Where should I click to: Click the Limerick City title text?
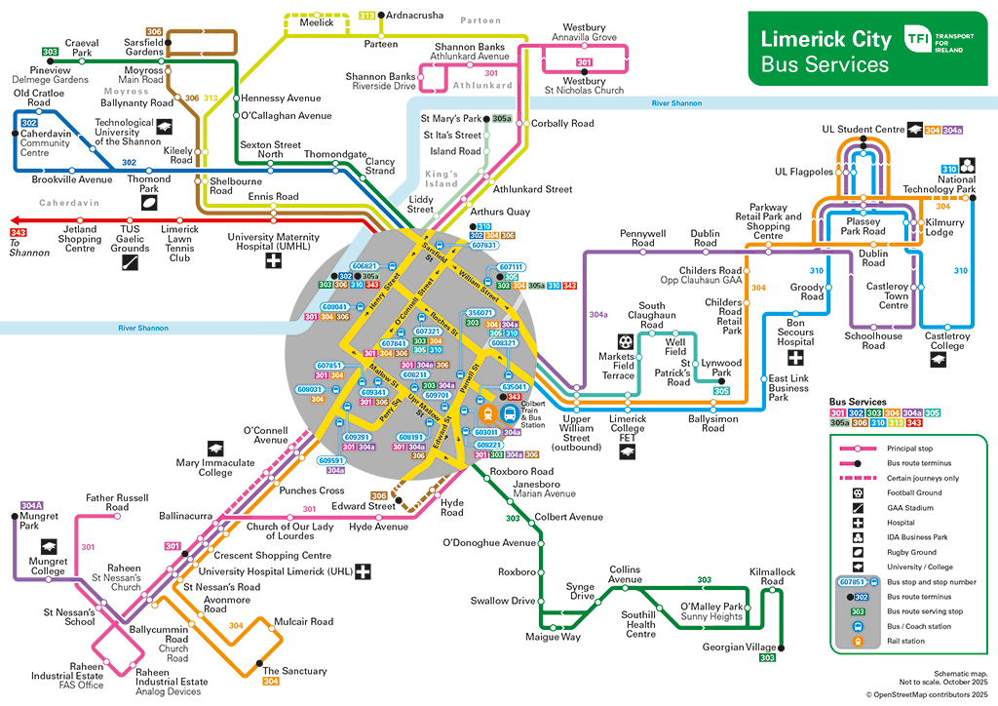825,39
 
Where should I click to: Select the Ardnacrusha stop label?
416,17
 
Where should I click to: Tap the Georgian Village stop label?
740,647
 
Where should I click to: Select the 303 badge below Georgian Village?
767,658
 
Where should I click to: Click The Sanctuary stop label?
295,671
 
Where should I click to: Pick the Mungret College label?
48,567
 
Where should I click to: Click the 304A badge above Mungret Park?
32,506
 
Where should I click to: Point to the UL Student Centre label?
863,129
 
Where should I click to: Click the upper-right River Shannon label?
677,103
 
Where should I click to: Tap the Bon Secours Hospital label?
795,333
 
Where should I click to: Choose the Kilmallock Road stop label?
772,576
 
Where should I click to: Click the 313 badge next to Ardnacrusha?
366,16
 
